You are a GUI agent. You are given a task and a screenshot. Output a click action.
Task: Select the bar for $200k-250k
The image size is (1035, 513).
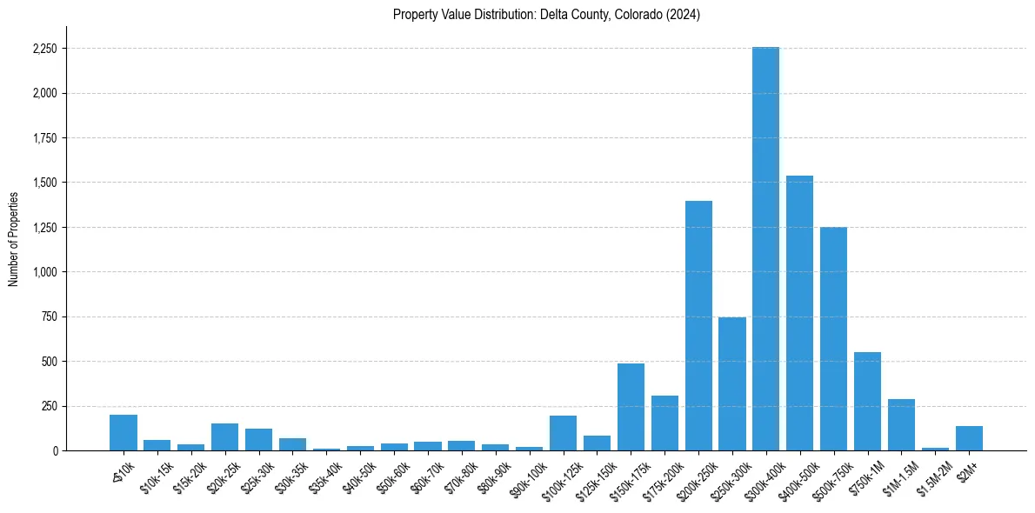698,326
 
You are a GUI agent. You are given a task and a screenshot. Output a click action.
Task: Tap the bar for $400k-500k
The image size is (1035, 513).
799,313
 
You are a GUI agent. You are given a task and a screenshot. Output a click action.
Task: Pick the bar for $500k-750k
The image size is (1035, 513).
833,339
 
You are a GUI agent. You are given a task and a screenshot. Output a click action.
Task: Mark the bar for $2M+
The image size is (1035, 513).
969,438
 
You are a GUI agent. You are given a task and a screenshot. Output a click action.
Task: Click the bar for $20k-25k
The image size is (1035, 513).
224,437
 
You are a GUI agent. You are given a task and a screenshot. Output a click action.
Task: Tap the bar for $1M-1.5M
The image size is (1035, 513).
901,425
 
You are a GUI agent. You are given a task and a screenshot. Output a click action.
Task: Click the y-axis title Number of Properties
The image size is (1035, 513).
13,238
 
